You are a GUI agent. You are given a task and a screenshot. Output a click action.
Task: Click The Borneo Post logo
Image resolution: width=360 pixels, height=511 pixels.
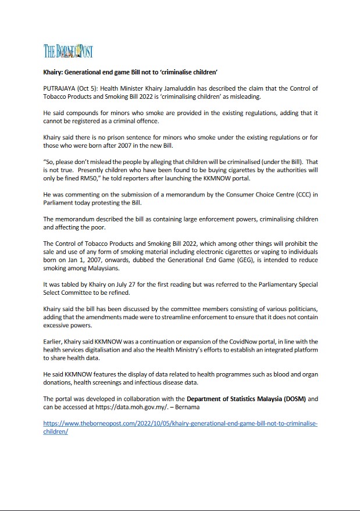point(68,51)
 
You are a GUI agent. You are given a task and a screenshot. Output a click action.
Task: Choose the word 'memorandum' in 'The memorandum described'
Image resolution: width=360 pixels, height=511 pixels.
point(79,219)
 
